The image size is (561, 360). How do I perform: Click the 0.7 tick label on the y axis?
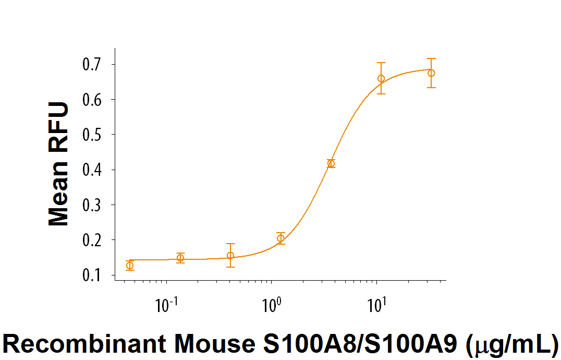pyautogui.click(x=92, y=65)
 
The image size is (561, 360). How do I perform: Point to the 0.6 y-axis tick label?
pyautogui.click(x=92, y=100)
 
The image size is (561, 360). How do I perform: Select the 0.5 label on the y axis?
pyautogui.click(x=92, y=135)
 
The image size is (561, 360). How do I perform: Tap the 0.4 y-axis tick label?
pyautogui.click(x=92, y=170)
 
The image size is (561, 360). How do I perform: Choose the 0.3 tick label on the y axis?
pyautogui.click(x=92, y=205)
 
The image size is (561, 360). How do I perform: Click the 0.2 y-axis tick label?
pyautogui.click(x=92, y=240)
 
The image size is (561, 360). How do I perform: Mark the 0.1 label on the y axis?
pyautogui.click(x=92, y=275)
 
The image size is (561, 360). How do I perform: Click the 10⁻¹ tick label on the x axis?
pyautogui.click(x=166, y=305)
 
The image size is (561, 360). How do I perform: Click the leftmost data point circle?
pyautogui.click(x=129, y=266)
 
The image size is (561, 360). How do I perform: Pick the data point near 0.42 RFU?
pyautogui.click(x=331, y=163)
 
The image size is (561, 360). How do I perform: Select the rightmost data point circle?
pyautogui.click(x=431, y=73)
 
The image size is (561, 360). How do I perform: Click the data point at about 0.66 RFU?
pyautogui.click(x=381, y=79)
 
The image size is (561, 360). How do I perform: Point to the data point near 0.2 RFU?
pyautogui.click(x=280, y=238)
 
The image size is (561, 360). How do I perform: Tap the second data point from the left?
pyautogui.click(x=180, y=258)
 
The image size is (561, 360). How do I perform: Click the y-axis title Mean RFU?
pyautogui.click(x=59, y=164)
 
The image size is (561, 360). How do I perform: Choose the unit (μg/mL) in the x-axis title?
pyautogui.click(x=510, y=344)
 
